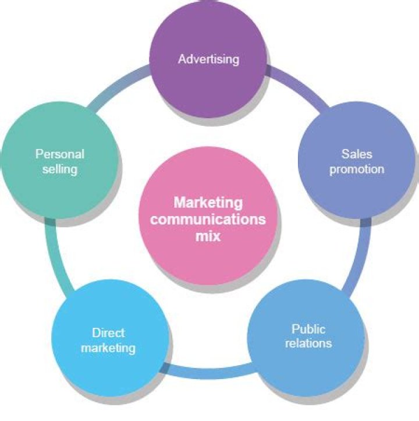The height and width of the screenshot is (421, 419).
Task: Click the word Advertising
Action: coord(208,59)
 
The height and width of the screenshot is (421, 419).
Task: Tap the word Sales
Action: coord(357,154)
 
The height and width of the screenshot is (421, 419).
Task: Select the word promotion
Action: coord(357,169)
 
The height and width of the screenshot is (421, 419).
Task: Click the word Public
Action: coord(308,329)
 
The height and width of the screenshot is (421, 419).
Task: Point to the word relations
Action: coord(308,343)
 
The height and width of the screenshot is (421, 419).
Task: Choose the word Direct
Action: coord(108,333)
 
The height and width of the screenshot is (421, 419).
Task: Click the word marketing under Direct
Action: coord(108,348)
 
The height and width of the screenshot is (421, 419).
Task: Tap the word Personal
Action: coord(60,154)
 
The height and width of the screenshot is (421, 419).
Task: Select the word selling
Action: coord(60,169)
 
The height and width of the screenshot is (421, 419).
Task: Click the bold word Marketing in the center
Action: coord(208,203)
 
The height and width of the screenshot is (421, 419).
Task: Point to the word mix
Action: coord(208,236)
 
